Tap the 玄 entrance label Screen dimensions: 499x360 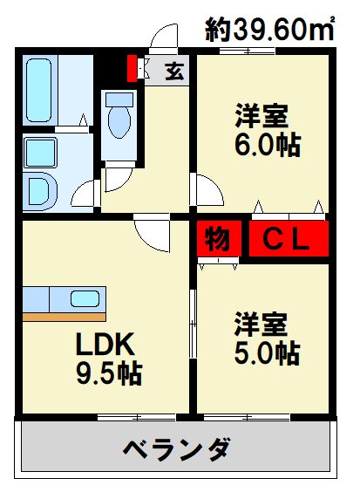(173, 70)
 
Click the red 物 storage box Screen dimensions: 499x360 (217, 240)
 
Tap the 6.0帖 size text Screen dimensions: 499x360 (265, 144)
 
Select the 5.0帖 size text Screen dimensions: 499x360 (265, 353)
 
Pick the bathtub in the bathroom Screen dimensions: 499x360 (39, 91)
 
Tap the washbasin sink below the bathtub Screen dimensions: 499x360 (39, 154)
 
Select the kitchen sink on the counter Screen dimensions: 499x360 (84, 299)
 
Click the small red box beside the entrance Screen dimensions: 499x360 (132, 67)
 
